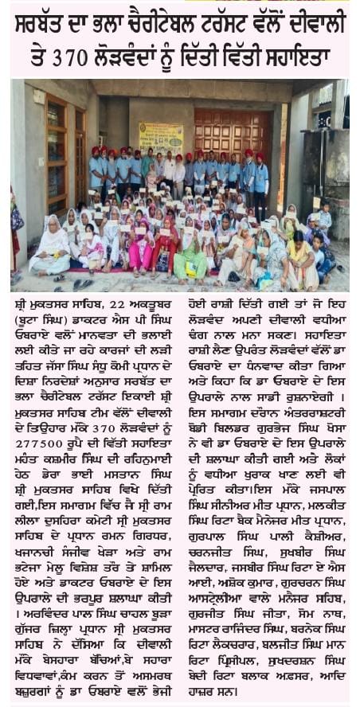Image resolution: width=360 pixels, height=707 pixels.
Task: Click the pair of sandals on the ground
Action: click(x=79, y=283)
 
